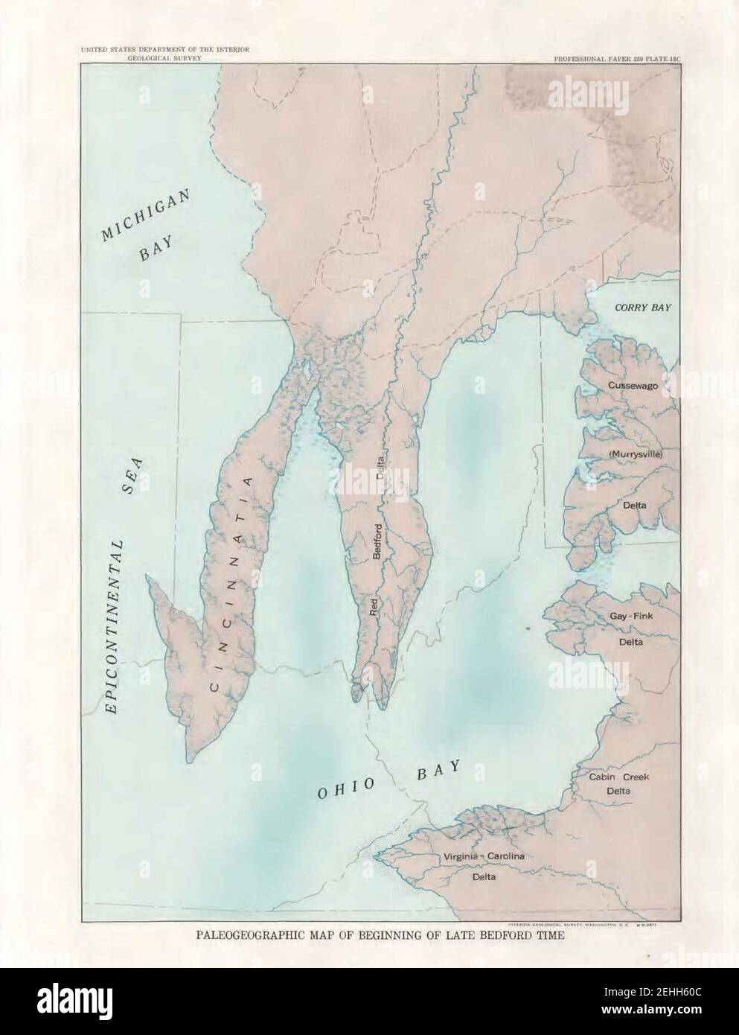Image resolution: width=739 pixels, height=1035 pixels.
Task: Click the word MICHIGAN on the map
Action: [147, 214]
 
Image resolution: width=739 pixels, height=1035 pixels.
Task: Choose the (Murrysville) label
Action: [635, 453]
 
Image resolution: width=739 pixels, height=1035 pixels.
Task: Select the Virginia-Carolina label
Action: [484, 856]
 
